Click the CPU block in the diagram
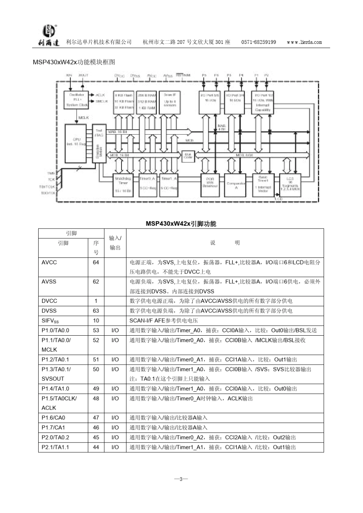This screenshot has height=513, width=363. (75, 142)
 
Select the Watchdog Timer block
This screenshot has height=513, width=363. (123, 185)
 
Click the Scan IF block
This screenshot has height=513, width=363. (170, 102)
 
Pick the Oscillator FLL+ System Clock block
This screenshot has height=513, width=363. (76, 100)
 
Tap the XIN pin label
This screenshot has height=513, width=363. (69, 76)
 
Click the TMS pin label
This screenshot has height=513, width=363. (51, 173)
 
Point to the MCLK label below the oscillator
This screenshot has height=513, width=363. (84, 118)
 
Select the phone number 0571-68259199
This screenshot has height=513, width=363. (259, 42)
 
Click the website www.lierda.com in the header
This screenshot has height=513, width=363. (304, 42)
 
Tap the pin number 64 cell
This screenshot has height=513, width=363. (96, 262)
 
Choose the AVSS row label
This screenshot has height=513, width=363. (49, 281)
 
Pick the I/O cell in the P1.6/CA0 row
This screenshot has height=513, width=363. (115, 418)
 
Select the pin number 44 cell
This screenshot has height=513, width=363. (96, 447)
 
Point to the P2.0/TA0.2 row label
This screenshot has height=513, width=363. (55, 437)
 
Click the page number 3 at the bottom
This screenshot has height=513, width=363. (181, 479)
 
